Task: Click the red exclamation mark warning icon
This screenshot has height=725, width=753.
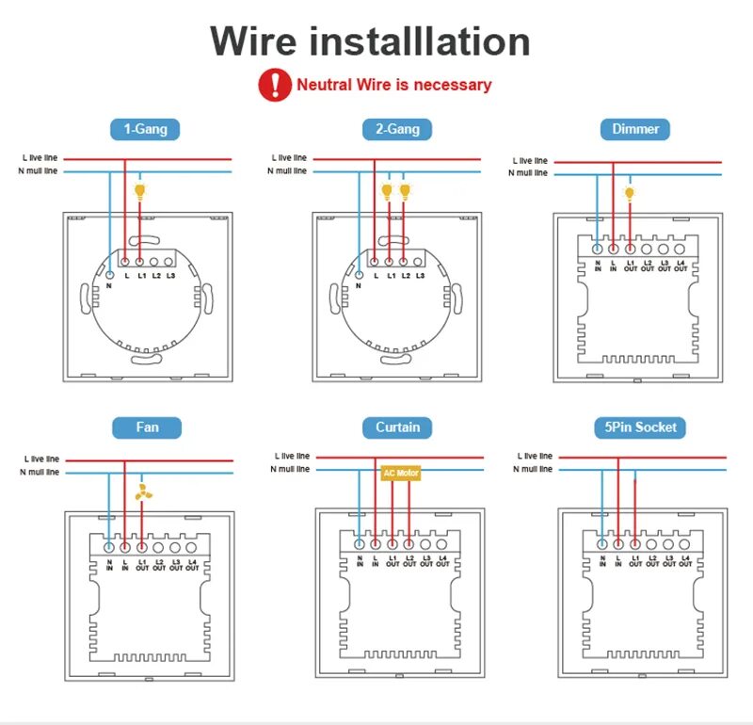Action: [x=275, y=85]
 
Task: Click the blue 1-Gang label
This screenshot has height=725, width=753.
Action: [x=145, y=129]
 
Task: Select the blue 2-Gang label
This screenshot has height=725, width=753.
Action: [x=397, y=129]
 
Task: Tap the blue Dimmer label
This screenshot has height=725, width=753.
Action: [x=635, y=129]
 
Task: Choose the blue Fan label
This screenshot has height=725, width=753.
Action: [x=147, y=427]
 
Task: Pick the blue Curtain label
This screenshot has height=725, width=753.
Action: [x=397, y=427]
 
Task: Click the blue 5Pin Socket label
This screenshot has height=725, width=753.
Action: [x=641, y=427]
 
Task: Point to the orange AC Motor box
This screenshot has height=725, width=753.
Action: [x=400, y=473]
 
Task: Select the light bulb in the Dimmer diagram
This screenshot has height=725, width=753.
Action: [x=630, y=194]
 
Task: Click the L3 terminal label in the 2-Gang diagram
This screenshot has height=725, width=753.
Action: [x=419, y=275]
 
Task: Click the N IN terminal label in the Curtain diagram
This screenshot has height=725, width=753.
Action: [x=360, y=563]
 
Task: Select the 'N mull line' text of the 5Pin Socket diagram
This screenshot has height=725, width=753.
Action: [x=534, y=470]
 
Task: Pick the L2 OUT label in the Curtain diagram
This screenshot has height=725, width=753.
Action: [x=409, y=563]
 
